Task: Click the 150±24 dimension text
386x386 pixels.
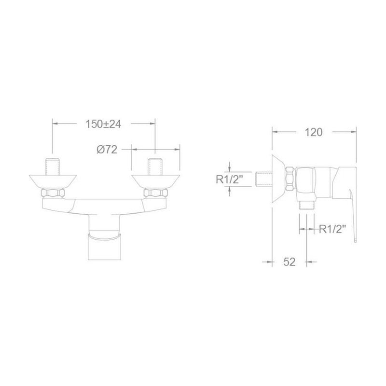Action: click(x=103, y=124)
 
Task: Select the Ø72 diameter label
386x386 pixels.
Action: click(x=107, y=150)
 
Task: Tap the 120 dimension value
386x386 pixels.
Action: click(x=313, y=132)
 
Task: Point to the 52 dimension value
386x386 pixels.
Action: click(x=289, y=262)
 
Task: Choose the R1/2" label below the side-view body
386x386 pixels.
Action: click(x=332, y=229)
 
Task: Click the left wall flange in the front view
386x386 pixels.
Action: click(x=53, y=182)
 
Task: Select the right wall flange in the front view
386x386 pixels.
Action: click(x=155, y=182)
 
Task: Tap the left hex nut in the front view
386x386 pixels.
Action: click(x=53, y=193)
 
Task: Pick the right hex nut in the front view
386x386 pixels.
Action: click(x=155, y=193)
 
